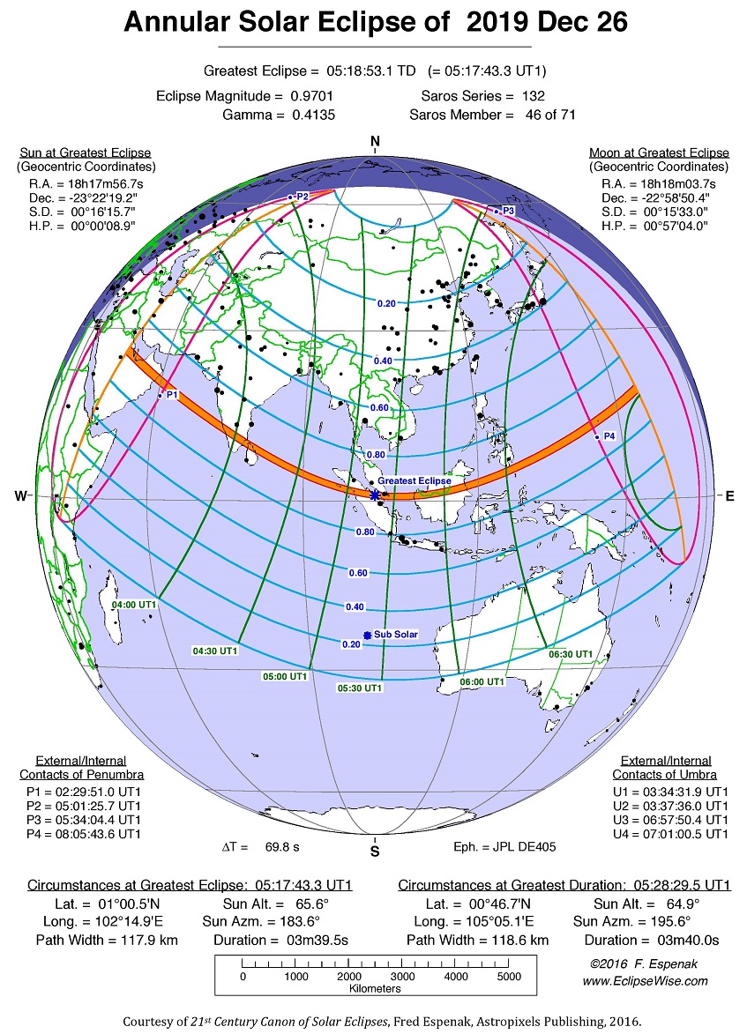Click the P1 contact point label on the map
(171, 395)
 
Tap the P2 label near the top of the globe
(302, 196)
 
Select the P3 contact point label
(507, 212)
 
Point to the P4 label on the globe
(609, 436)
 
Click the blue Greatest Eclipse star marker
(375, 495)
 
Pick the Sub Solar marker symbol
(367, 635)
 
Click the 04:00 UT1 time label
(135, 605)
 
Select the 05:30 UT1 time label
(360, 688)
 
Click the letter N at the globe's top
(375, 142)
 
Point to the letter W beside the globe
(21, 496)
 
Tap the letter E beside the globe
(729, 496)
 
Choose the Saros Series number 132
(533, 95)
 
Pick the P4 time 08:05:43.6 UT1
(97, 833)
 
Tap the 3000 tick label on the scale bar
(402, 976)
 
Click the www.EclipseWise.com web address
(645, 980)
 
